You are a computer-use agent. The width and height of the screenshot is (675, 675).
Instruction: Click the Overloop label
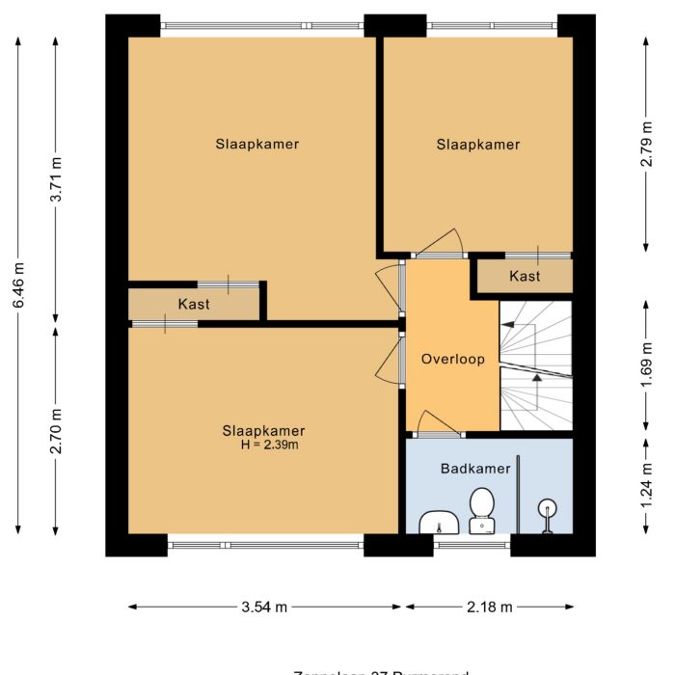451,359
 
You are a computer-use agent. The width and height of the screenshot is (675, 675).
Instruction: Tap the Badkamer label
475,469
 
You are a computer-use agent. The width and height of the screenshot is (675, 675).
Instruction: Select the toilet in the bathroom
481,510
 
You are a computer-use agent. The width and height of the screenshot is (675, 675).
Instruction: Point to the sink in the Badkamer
441,522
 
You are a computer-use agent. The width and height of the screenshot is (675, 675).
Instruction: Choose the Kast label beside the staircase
525,277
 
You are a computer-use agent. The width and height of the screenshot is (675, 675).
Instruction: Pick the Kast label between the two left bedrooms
194,304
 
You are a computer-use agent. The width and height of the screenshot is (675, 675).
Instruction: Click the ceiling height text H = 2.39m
269,445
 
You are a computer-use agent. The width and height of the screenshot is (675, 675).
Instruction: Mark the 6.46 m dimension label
18,285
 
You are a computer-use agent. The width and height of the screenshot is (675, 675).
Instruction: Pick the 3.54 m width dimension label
264,607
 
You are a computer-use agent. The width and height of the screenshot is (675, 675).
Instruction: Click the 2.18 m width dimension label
489,607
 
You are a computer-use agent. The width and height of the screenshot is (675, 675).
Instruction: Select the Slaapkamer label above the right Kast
477,145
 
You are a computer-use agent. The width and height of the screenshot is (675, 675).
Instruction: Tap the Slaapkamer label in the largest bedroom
256,145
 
